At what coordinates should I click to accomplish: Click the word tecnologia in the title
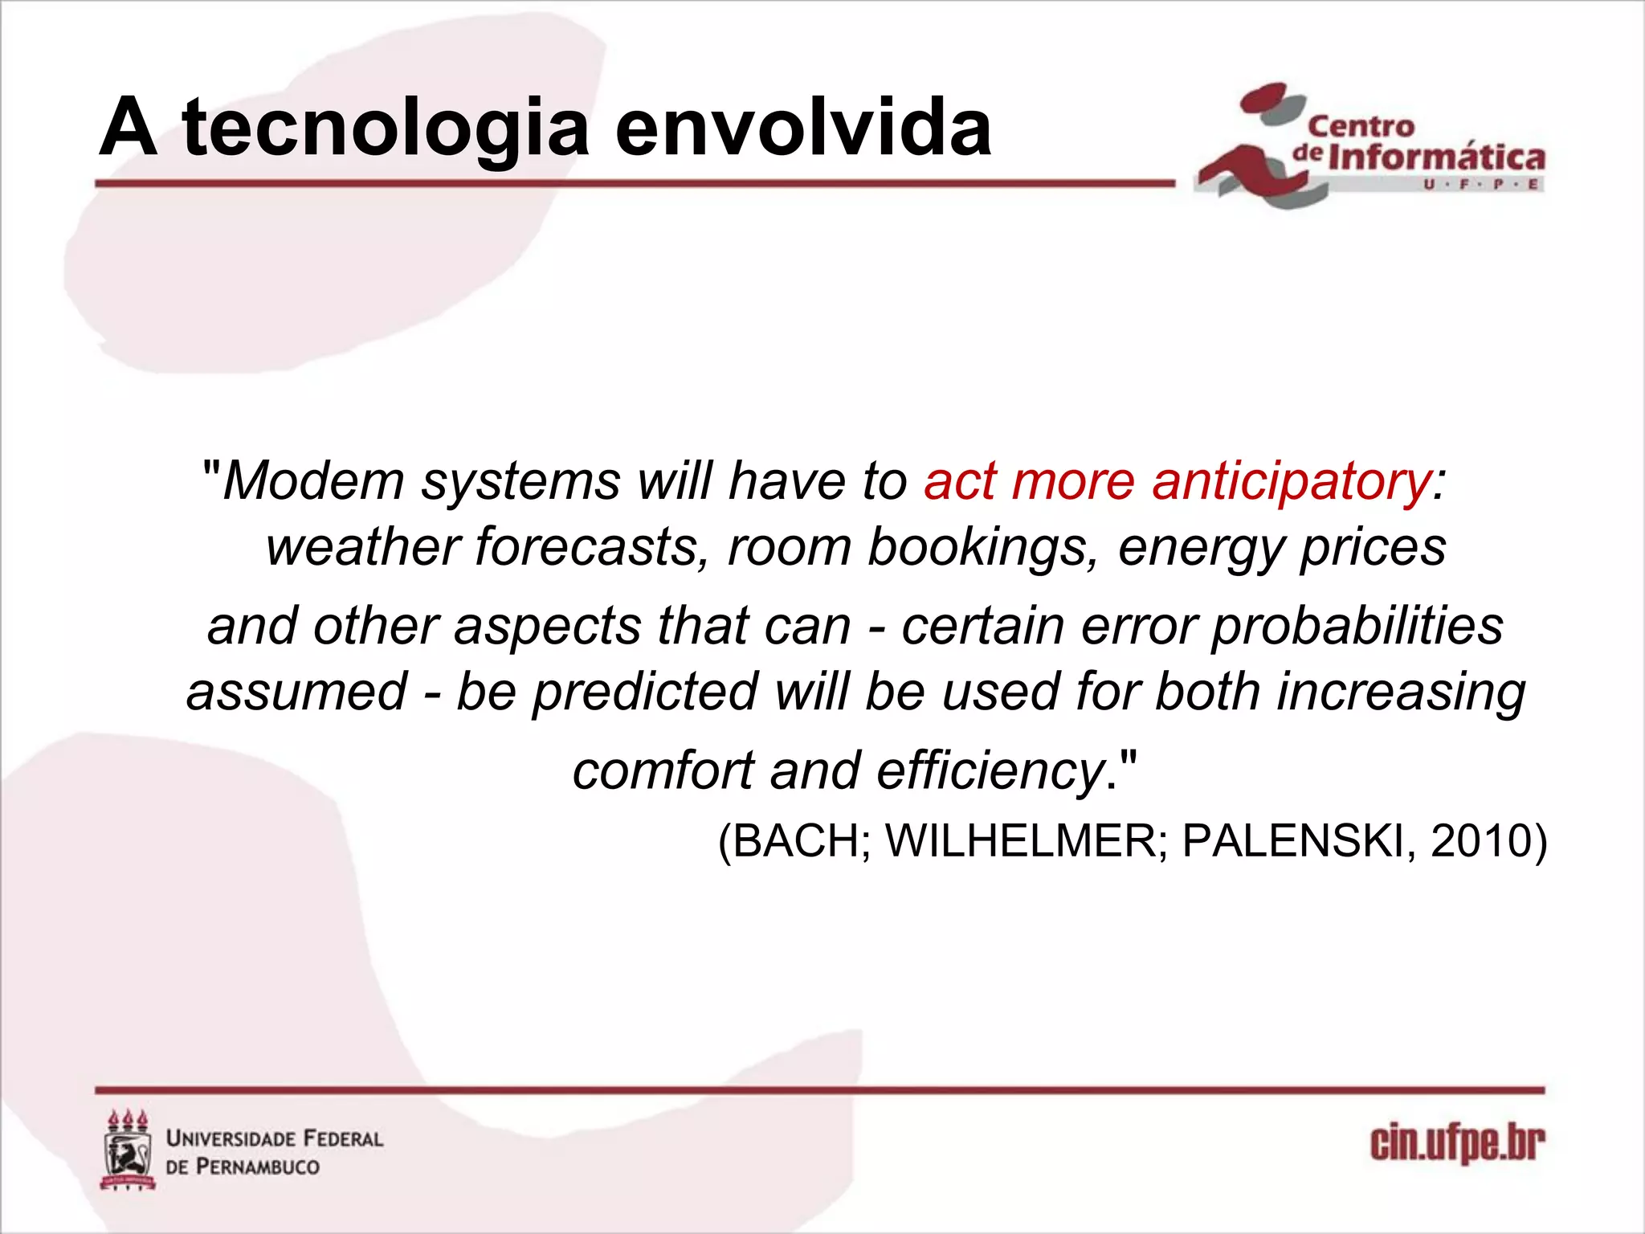386,129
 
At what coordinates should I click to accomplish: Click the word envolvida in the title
803,129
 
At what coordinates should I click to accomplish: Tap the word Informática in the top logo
1436,157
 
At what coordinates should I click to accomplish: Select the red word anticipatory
1292,482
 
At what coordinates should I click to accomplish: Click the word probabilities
1357,627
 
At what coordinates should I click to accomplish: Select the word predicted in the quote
646,693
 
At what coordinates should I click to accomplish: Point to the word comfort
663,771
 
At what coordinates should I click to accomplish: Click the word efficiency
991,771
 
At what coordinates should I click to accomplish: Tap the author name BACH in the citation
795,842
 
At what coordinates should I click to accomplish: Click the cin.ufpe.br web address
1457,1144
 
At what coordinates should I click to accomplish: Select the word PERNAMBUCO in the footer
257,1167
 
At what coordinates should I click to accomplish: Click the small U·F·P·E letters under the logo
1481,185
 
